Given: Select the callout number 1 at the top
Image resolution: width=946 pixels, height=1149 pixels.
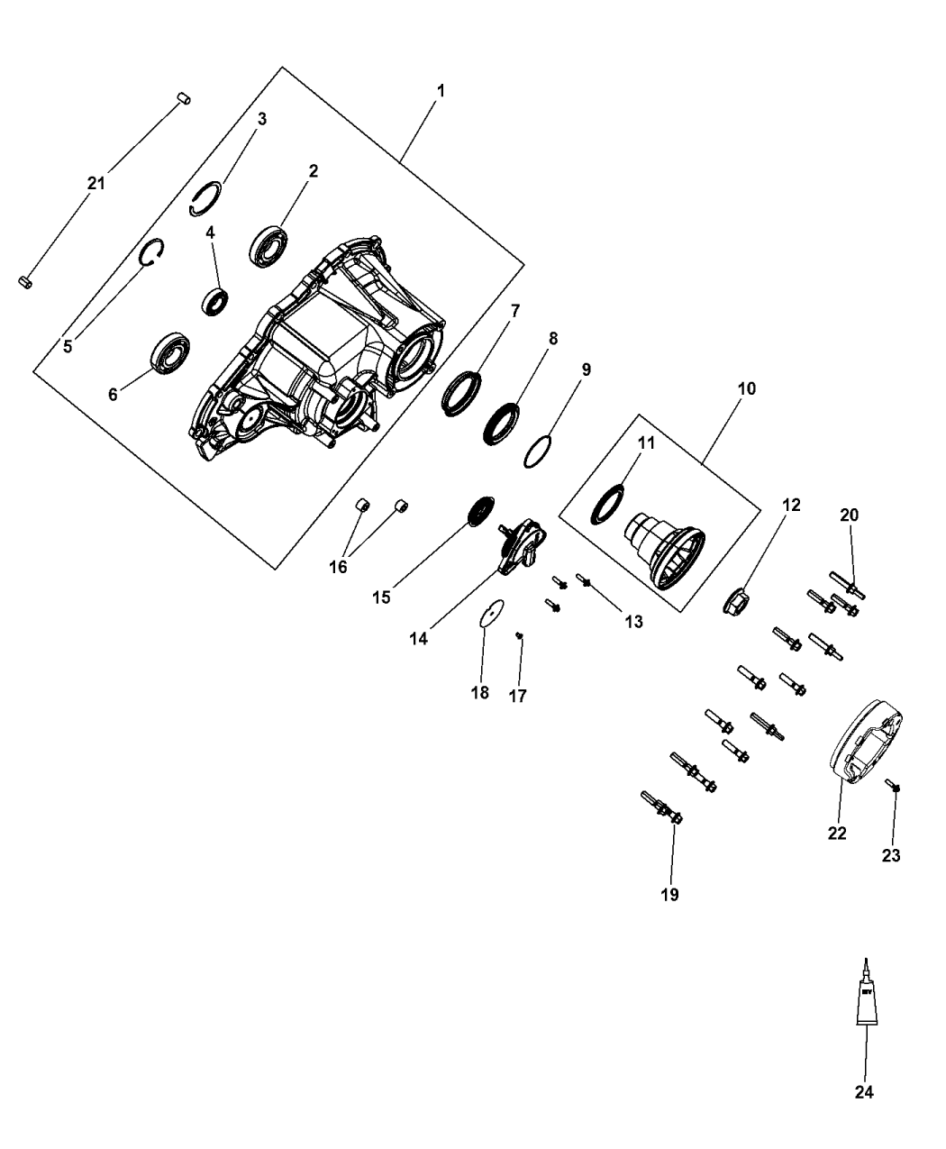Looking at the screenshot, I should coord(441,91).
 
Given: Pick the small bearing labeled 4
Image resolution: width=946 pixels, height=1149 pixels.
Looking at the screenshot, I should coord(214,300).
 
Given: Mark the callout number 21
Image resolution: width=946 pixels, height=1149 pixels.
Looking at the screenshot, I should coord(96,183).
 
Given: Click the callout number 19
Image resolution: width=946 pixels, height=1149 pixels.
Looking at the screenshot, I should coord(669,894).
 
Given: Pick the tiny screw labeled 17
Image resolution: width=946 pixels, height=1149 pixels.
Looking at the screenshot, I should coord(519,637).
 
